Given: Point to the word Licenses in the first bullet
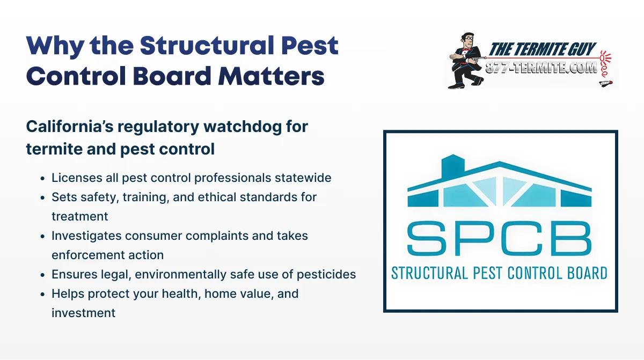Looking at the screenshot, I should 72,178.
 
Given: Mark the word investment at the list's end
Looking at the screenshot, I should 83,313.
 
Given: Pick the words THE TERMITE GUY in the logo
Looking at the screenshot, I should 542,50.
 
